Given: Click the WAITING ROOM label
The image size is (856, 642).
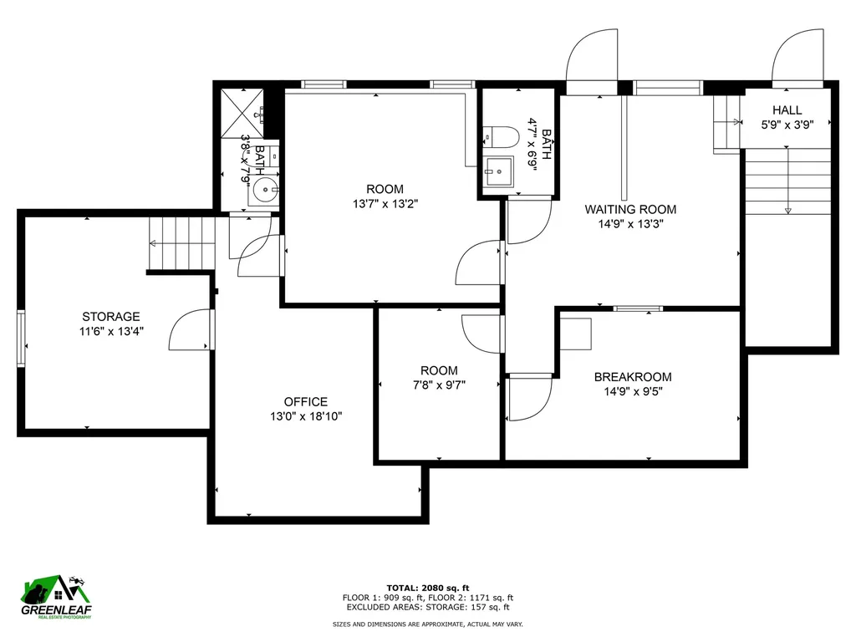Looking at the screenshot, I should (630, 209).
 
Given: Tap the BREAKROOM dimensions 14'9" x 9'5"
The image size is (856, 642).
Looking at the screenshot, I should (632, 391).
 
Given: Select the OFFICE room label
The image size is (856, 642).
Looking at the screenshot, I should (305, 401).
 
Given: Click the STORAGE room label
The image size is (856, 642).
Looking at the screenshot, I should (110, 316).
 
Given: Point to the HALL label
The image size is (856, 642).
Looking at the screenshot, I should (787, 110).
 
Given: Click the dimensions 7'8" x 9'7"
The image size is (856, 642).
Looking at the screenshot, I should (439, 385).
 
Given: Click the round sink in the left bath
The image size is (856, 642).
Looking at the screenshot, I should (266, 191).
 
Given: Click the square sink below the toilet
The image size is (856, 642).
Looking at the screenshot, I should (500, 171).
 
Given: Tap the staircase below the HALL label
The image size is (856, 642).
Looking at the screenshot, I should (787, 180).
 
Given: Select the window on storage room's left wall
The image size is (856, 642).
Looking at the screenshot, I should (21, 338).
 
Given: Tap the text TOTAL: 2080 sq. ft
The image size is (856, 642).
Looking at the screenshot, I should (427, 587).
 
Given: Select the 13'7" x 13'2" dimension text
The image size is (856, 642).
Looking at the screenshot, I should (385, 203).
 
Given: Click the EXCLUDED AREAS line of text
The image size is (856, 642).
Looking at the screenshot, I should (427, 608).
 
